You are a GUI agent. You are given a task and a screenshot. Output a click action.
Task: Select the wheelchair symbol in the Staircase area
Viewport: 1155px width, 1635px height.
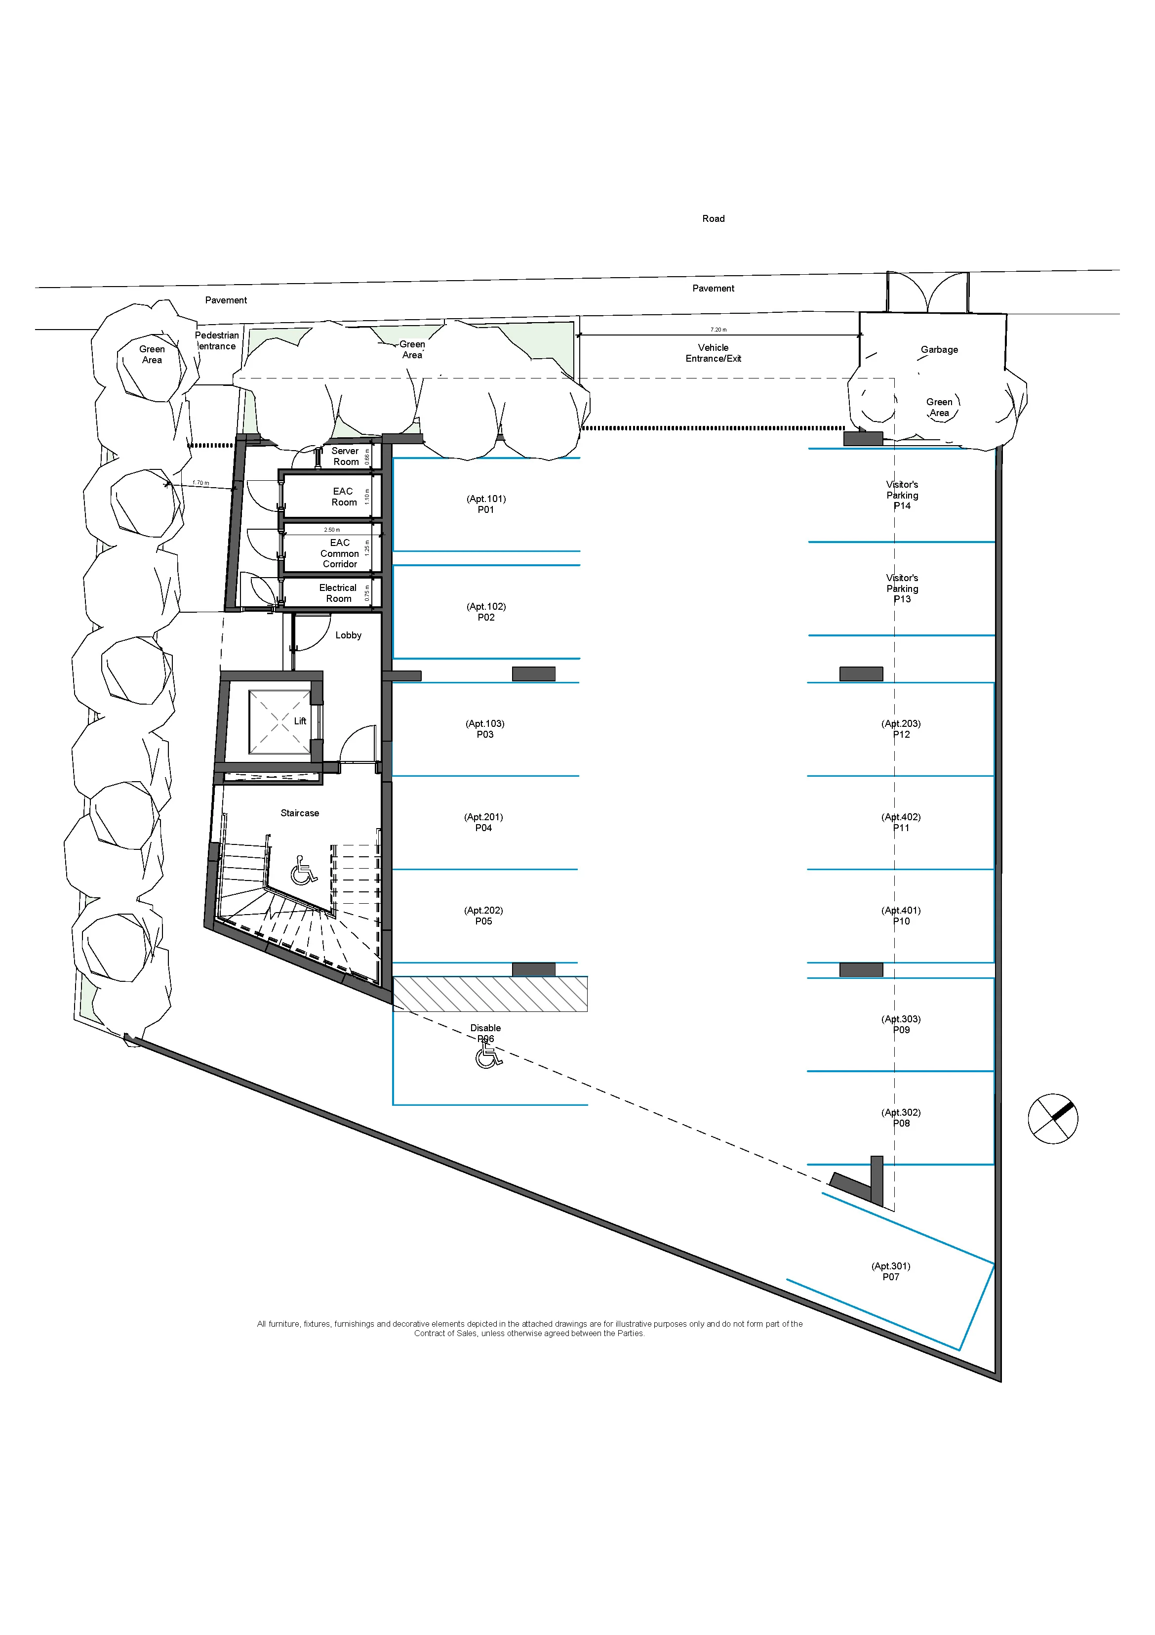tap(304, 870)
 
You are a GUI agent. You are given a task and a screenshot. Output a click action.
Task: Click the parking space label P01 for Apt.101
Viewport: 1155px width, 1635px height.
tap(485, 504)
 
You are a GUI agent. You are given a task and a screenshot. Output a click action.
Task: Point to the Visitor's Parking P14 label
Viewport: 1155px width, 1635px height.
tap(902, 495)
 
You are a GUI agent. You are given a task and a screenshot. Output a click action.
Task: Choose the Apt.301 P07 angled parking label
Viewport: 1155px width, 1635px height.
tap(890, 1271)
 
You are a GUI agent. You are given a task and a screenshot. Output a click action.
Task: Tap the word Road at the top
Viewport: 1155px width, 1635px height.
tap(713, 218)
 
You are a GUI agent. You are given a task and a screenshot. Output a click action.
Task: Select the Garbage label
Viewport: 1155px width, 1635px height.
tap(939, 350)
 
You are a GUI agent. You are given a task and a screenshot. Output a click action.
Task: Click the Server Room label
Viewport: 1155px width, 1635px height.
tap(345, 457)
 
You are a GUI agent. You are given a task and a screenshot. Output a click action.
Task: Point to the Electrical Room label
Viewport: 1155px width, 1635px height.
tap(338, 593)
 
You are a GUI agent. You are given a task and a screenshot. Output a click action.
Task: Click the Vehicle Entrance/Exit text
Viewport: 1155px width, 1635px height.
tap(713, 353)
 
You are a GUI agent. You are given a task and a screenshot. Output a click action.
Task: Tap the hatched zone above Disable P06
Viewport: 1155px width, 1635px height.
tap(490, 994)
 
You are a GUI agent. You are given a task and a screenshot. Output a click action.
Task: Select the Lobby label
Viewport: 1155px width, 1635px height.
tap(348, 635)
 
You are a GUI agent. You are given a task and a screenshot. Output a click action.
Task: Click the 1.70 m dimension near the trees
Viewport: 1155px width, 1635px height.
tap(200, 483)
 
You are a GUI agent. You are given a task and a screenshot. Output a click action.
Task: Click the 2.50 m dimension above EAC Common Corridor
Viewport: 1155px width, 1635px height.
tap(332, 530)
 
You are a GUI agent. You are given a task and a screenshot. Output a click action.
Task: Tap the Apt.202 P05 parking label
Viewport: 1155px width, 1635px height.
tap(483, 916)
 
